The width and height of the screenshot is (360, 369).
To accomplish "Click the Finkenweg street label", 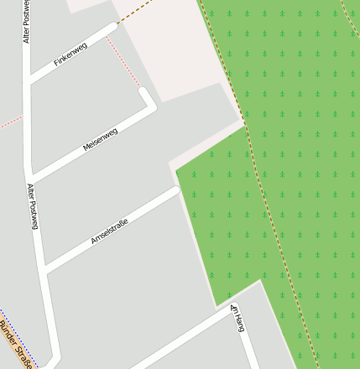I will pyautogui.click(x=70, y=55).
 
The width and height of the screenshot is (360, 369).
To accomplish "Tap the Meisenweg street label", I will pyautogui.click(x=100, y=139).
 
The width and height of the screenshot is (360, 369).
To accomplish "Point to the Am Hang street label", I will pyautogui.click(x=237, y=319).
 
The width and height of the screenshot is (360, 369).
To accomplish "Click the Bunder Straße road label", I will pyautogui.click(x=15, y=345).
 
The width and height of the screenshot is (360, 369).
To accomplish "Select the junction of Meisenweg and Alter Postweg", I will pyautogui.click(x=32, y=178).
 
